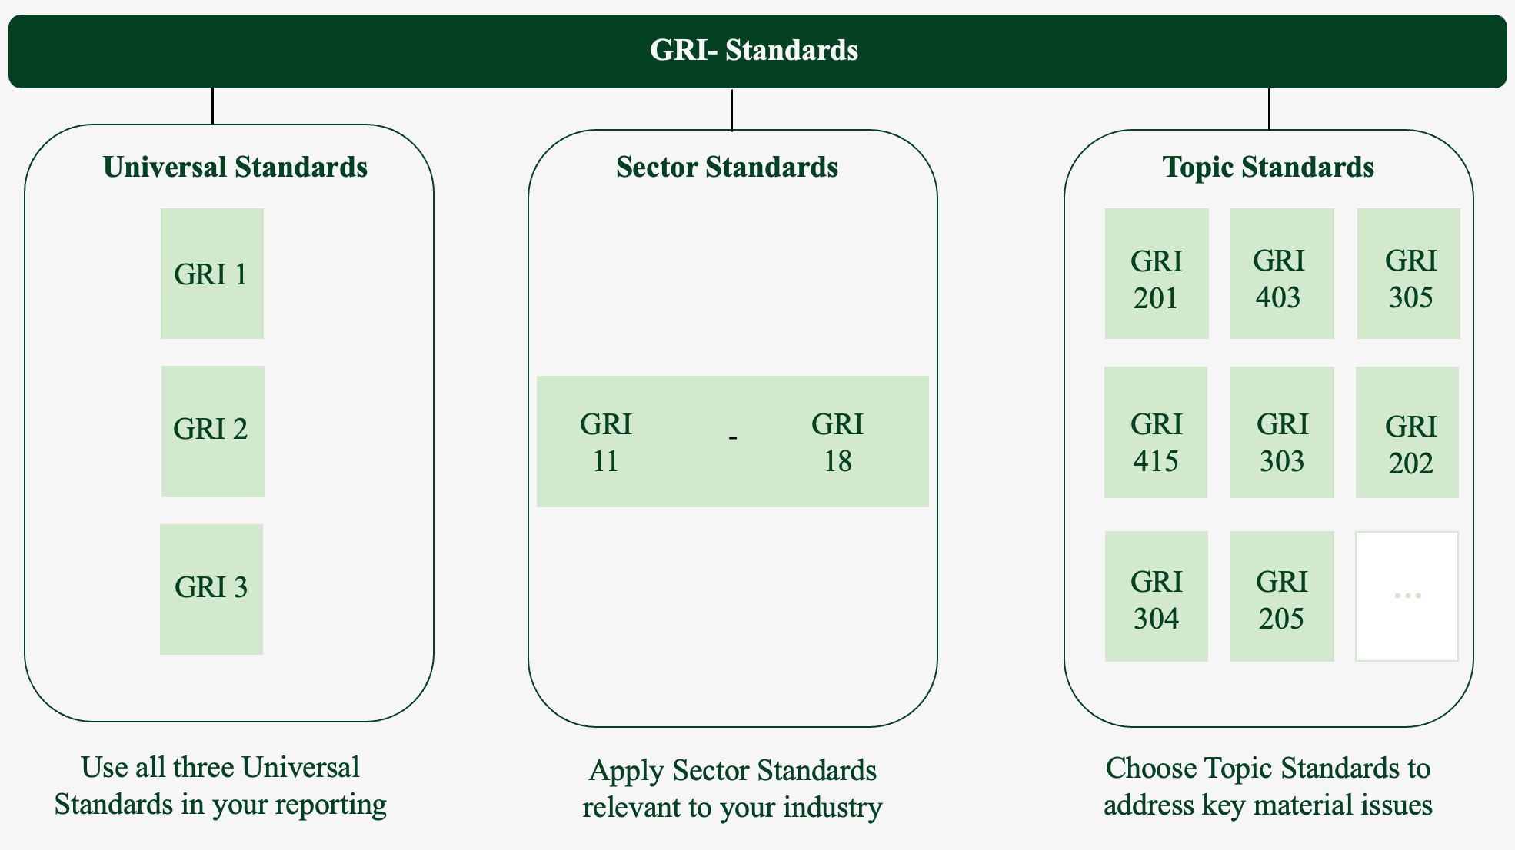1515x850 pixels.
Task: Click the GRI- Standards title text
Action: pyautogui.click(x=754, y=51)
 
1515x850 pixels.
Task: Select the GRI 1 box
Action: pyautogui.click(x=211, y=274)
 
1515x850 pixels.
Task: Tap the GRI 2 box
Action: pyautogui.click(x=212, y=431)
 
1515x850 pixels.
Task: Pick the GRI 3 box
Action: pyautogui.click(x=211, y=589)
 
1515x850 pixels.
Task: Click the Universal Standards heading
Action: pyautogui.click(x=235, y=168)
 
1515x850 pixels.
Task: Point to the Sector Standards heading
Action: pyautogui.click(x=727, y=168)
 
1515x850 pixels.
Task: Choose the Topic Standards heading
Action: pyautogui.click(x=1268, y=168)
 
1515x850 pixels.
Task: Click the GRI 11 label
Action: pyautogui.click(x=606, y=442)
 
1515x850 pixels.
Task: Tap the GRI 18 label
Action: pyautogui.click(x=837, y=442)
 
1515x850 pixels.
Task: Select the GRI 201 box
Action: pyautogui.click(x=1156, y=274)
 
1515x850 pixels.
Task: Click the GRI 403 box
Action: pyautogui.click(x=1281, y=274)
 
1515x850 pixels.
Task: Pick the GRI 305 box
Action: pyautogui.click(x=1408, y=274)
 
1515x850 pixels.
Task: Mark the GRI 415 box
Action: pyautogui.click(x=1155, y=432)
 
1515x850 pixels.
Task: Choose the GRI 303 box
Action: pyautogui.click(x=1281, y=432)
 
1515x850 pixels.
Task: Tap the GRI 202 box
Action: pyautogui.click(x=1407, y=432)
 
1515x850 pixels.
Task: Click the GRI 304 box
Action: pyautogui.click(x=1156, y=596)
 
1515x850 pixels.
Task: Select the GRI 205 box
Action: pyautogui.click(x=1281, y=596)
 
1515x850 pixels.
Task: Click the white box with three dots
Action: pyautogui.click(x=1407, y=596)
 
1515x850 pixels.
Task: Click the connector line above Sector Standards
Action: pyautogui.click(x=731, y=110)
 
